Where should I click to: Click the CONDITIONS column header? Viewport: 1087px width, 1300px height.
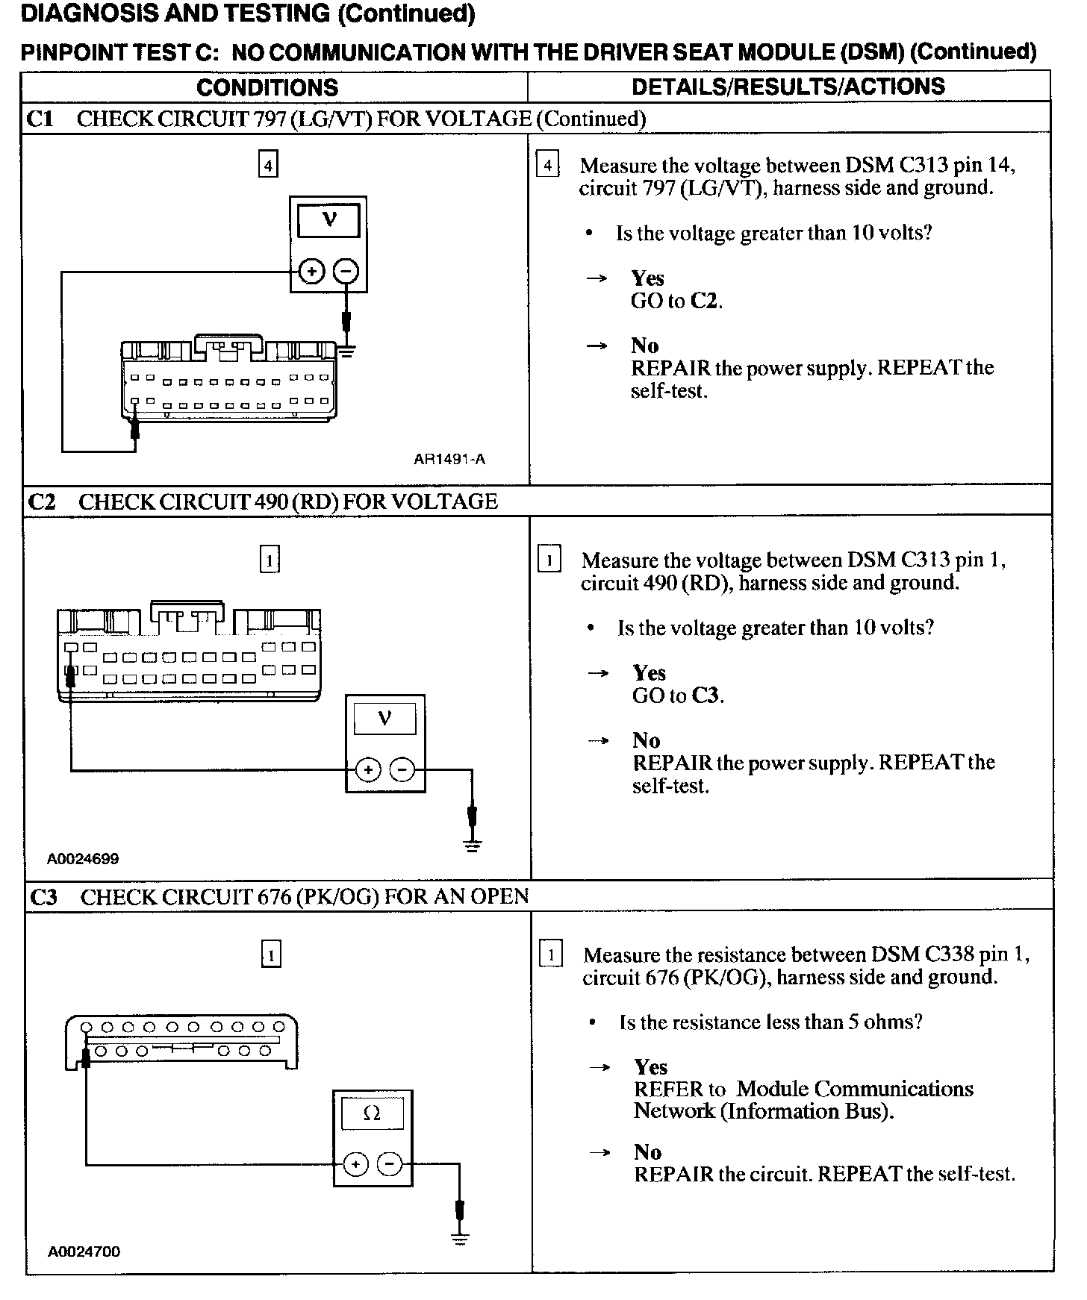pos(267,87)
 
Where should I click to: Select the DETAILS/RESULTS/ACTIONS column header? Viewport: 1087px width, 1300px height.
pos(788,87)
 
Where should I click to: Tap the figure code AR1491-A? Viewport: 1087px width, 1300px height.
pos(449,459)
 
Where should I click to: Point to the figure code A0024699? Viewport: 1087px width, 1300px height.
pos(83,858)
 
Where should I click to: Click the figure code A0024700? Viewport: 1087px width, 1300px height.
pos(84,1251)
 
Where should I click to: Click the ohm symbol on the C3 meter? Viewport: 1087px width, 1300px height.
pos(372,1114)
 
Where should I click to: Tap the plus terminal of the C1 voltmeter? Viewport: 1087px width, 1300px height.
pos(311,271)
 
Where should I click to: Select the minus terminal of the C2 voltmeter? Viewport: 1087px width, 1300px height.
pos(402,769)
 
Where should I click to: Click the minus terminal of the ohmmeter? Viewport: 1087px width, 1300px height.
pos(389,1164)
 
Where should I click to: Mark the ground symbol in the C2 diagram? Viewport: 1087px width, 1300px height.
pos(472,845)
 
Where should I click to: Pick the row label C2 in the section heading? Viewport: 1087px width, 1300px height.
pos(42,501)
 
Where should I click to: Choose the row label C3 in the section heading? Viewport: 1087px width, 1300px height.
pos(43,897)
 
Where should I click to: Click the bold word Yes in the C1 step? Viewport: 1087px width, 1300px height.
pos(647,278)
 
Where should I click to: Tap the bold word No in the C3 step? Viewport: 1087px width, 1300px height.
pos(647,1152)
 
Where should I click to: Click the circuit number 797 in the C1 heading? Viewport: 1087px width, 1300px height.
pos(270,119)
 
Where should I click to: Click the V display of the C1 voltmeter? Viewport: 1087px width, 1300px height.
pos(328,221)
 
